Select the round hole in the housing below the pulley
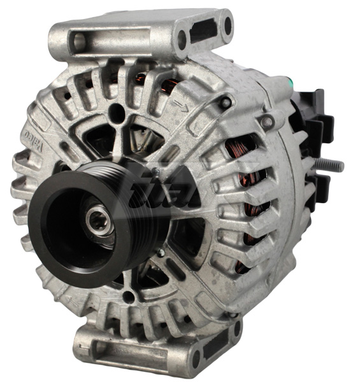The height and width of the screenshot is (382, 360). (129, 295)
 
